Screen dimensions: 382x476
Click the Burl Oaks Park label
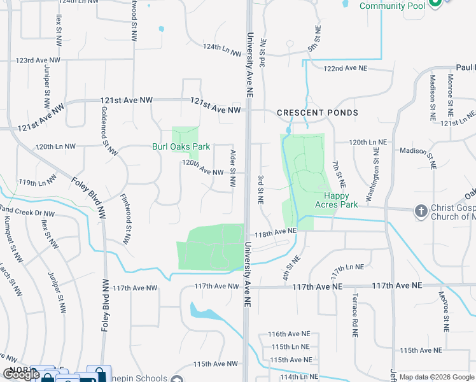coord(181,146)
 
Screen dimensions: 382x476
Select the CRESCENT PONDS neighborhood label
coord(318,113)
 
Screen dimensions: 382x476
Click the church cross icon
coord(421,211)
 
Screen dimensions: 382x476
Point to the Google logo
coord(20,374)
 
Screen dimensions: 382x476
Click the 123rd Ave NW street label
coord(38,60)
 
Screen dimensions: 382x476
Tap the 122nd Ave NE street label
coord(346,68)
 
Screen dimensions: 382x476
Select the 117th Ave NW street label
coord(135,288)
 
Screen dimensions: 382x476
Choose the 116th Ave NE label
coord(289,334)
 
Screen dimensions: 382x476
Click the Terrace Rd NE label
coord(356,315)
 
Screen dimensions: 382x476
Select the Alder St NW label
coord(233,168)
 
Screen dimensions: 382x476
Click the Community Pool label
coord(391,6)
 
